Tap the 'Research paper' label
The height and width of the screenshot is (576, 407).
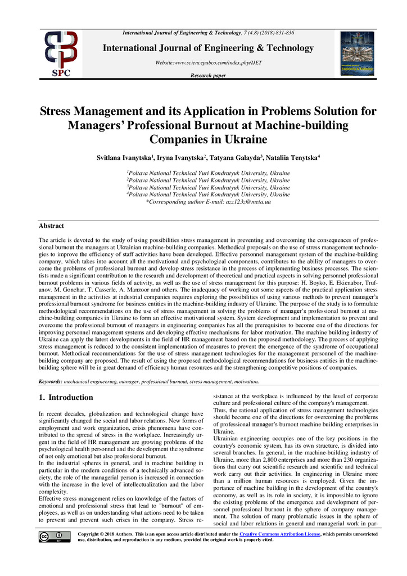click(x=208, y=75)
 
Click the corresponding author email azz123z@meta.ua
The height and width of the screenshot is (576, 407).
click(x=244, y=201)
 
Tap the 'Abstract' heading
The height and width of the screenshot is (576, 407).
click(x=51, y=226)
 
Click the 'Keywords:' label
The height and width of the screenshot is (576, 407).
click(x=50, y=381)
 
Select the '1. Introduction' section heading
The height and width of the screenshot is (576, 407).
click(x=66, y=397)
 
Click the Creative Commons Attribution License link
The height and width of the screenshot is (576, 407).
click(x=279, y=533)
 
